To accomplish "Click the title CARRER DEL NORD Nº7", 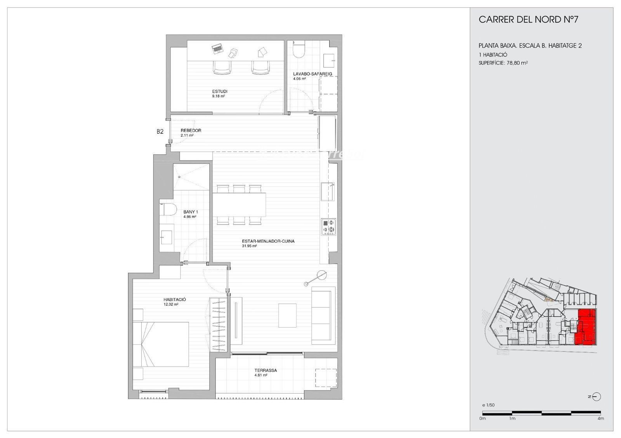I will point(528,20).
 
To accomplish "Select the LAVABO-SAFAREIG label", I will point(312,74).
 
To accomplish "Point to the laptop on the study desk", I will point(217,49).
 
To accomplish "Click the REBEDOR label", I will point(191,131).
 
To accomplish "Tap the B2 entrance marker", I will point(160,131).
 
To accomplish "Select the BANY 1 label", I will point(191,212).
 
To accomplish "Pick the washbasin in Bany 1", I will point(167,237).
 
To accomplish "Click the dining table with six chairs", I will point(239,205).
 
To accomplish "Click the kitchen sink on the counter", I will point(327,191).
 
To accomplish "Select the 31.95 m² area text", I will point(250,246).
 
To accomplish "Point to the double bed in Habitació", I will point(161,344).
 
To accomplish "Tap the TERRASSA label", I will point(265,370).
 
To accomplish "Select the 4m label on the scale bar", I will point(600,418).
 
